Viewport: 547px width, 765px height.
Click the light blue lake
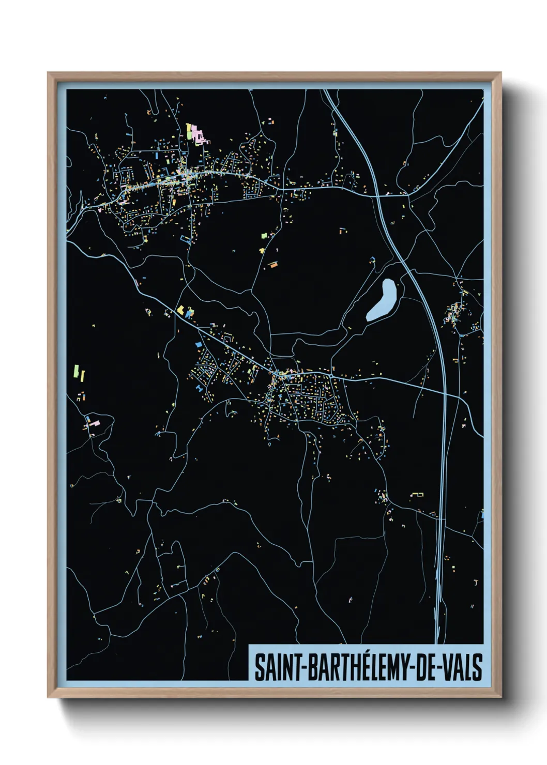tap(382, 300)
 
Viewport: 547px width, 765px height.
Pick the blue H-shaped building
tap(200, 387)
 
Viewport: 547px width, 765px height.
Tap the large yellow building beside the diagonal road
tap(181, 310)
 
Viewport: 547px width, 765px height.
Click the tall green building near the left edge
tap(77, 371)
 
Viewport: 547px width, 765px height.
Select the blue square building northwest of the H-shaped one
tap(197, 344)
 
